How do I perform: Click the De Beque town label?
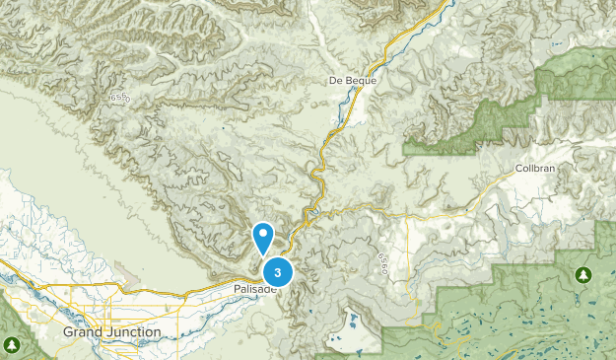click(353, 80)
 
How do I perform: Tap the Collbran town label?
click(536, 169)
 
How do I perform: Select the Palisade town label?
click(256, 288)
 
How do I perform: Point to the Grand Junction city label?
click(111, 332)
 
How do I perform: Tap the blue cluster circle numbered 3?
click(279, 271)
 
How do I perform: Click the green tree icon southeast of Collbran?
click(582, 273)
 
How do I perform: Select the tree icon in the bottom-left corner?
click(11, 344)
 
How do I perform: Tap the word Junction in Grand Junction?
click(131, 332)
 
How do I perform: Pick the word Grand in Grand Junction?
click(81, 332)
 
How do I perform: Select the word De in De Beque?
click(336, 80)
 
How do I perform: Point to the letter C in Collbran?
click(518, 169)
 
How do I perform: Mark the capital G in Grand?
click(67, 332)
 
